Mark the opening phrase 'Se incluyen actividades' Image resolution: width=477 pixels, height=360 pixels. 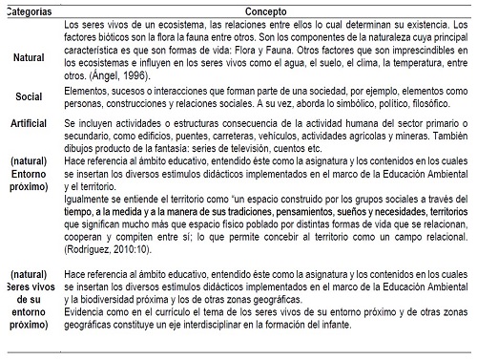[123, 151]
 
